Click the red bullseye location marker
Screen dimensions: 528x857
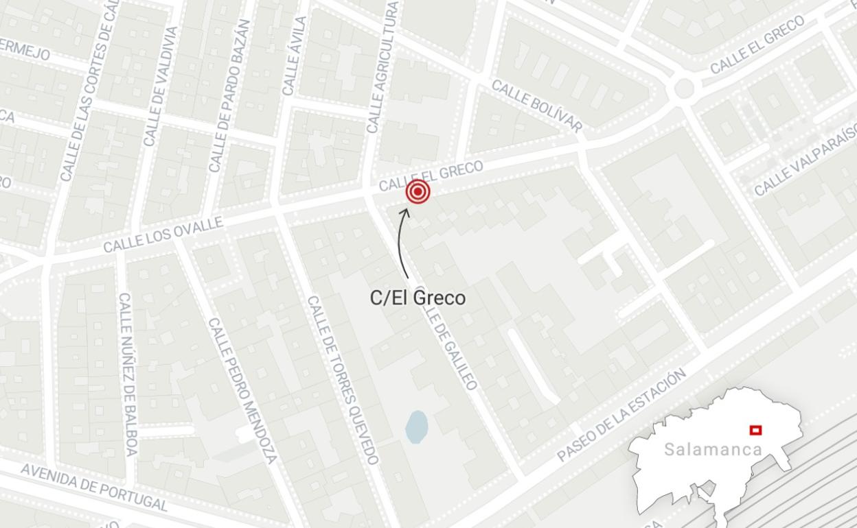(418, 192)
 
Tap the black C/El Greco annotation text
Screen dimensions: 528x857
(418, 298)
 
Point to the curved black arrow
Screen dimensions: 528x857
(401, 243)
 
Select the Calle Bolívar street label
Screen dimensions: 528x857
(537, 106)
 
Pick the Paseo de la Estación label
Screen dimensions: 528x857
(621, 414)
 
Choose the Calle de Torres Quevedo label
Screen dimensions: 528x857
(343, 380)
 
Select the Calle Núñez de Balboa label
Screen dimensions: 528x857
(128, 374)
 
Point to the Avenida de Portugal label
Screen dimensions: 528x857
(94, 488)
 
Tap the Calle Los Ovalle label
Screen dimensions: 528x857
(163, 235)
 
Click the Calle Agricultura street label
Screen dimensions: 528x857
(382, 67)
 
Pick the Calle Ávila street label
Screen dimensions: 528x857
(293, 56)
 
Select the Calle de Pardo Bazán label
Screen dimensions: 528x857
(229, 96)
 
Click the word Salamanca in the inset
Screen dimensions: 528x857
(713, 450)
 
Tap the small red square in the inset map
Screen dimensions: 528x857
(755, 430)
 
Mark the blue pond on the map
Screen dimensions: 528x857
(416, 427)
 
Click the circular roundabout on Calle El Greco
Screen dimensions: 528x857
(684, 88)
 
